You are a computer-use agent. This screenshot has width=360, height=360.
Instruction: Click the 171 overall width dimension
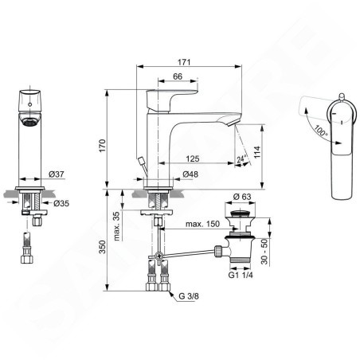[x=184, y=62]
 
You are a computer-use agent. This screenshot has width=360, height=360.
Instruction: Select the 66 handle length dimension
[x=178, y=76]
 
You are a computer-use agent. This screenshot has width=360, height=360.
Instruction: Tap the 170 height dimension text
[x=102, y=146]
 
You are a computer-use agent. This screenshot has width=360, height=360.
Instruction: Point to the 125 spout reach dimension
[x=193, y=158]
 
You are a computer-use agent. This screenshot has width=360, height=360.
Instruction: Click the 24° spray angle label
[x=241, y=158]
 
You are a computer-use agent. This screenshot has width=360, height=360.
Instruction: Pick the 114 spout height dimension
[x=257, y=152]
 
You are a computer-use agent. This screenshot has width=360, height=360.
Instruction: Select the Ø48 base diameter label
[x=190, y=174]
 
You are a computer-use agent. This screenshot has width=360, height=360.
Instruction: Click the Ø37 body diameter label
[x=57, y=174]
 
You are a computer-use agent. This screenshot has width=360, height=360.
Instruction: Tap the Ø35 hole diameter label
[x=61, y=203]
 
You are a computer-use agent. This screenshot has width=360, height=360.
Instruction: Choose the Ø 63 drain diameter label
[x=242, y=197]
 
